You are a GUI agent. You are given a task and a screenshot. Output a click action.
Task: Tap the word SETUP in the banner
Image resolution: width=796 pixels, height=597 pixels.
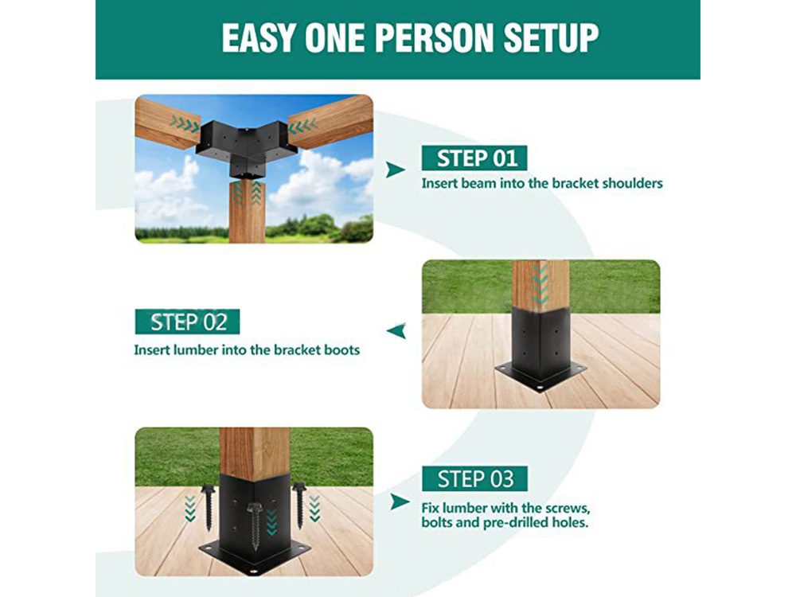coord(551,37)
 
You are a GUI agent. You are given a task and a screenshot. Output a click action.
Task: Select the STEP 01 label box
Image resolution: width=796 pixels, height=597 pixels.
coord(474,158)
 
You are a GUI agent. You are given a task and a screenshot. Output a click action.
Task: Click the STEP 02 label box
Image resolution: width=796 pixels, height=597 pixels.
coord(187,322)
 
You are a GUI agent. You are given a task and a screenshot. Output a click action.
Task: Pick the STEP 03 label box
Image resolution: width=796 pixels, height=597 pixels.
coord(474,478)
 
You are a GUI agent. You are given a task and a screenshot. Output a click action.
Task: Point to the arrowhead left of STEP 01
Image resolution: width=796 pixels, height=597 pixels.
coord(395,170)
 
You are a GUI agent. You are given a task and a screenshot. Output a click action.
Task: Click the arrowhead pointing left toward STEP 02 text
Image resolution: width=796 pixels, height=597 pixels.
coord(396,331)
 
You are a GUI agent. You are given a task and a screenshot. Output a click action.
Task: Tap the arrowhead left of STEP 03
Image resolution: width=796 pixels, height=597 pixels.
coord(400,502)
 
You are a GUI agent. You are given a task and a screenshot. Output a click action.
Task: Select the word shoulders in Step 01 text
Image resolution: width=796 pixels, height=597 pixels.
coord(632,183)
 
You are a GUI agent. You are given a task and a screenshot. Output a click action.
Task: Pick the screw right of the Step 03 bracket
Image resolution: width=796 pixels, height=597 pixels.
coord(299,505)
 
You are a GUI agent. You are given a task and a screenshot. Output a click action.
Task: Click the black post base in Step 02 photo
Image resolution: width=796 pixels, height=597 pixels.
coord(540,350)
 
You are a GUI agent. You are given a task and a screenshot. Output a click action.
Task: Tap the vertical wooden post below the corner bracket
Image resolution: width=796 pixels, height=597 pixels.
coord(247,211)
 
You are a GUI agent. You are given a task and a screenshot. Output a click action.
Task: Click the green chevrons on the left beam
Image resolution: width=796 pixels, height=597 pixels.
coord(184,124)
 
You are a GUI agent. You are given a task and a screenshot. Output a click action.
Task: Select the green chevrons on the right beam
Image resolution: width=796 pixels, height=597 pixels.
coord(303,126)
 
